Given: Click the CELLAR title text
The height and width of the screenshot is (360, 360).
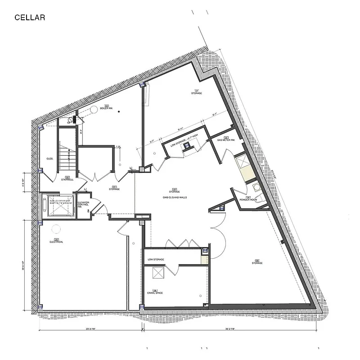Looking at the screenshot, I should pos(29,18).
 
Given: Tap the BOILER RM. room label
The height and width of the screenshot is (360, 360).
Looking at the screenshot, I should pos(106,107).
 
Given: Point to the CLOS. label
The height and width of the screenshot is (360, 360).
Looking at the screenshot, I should pos(50,158).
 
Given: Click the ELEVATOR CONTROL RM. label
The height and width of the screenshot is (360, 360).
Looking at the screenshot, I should pos(83,204).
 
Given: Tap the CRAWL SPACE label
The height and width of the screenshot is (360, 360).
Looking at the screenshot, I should pos(156,292).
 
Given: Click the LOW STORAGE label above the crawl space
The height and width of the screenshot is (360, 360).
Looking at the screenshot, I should pos(156,260).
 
